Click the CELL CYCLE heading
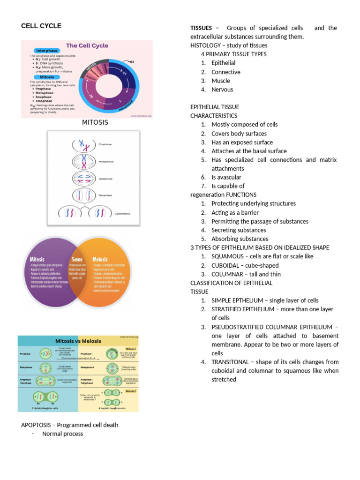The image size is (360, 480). click(41, 26)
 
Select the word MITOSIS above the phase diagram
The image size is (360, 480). click(95, 122)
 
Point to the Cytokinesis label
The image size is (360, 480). click(122, 213)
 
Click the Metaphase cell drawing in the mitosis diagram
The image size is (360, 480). click(85, 161)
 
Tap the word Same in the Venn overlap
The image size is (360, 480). click(77, 259)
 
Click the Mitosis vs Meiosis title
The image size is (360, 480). click(78, 341)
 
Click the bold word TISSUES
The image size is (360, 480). click(201, 28)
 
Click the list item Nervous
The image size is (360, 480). click(222, 90)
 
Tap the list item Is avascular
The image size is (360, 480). click(226, 177)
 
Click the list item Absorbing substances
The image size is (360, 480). click(240, 239)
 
